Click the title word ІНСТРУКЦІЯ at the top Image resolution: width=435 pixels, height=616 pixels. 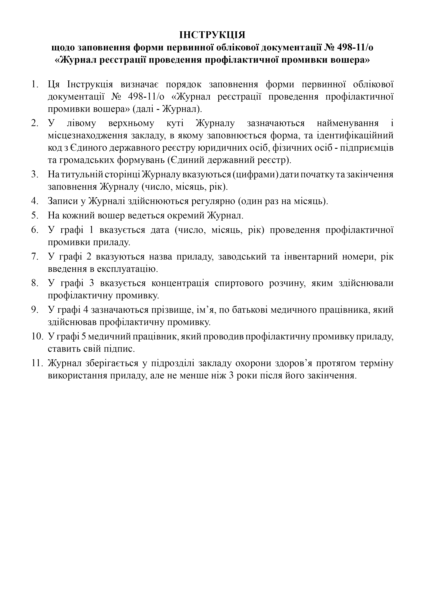click(212, 35)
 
